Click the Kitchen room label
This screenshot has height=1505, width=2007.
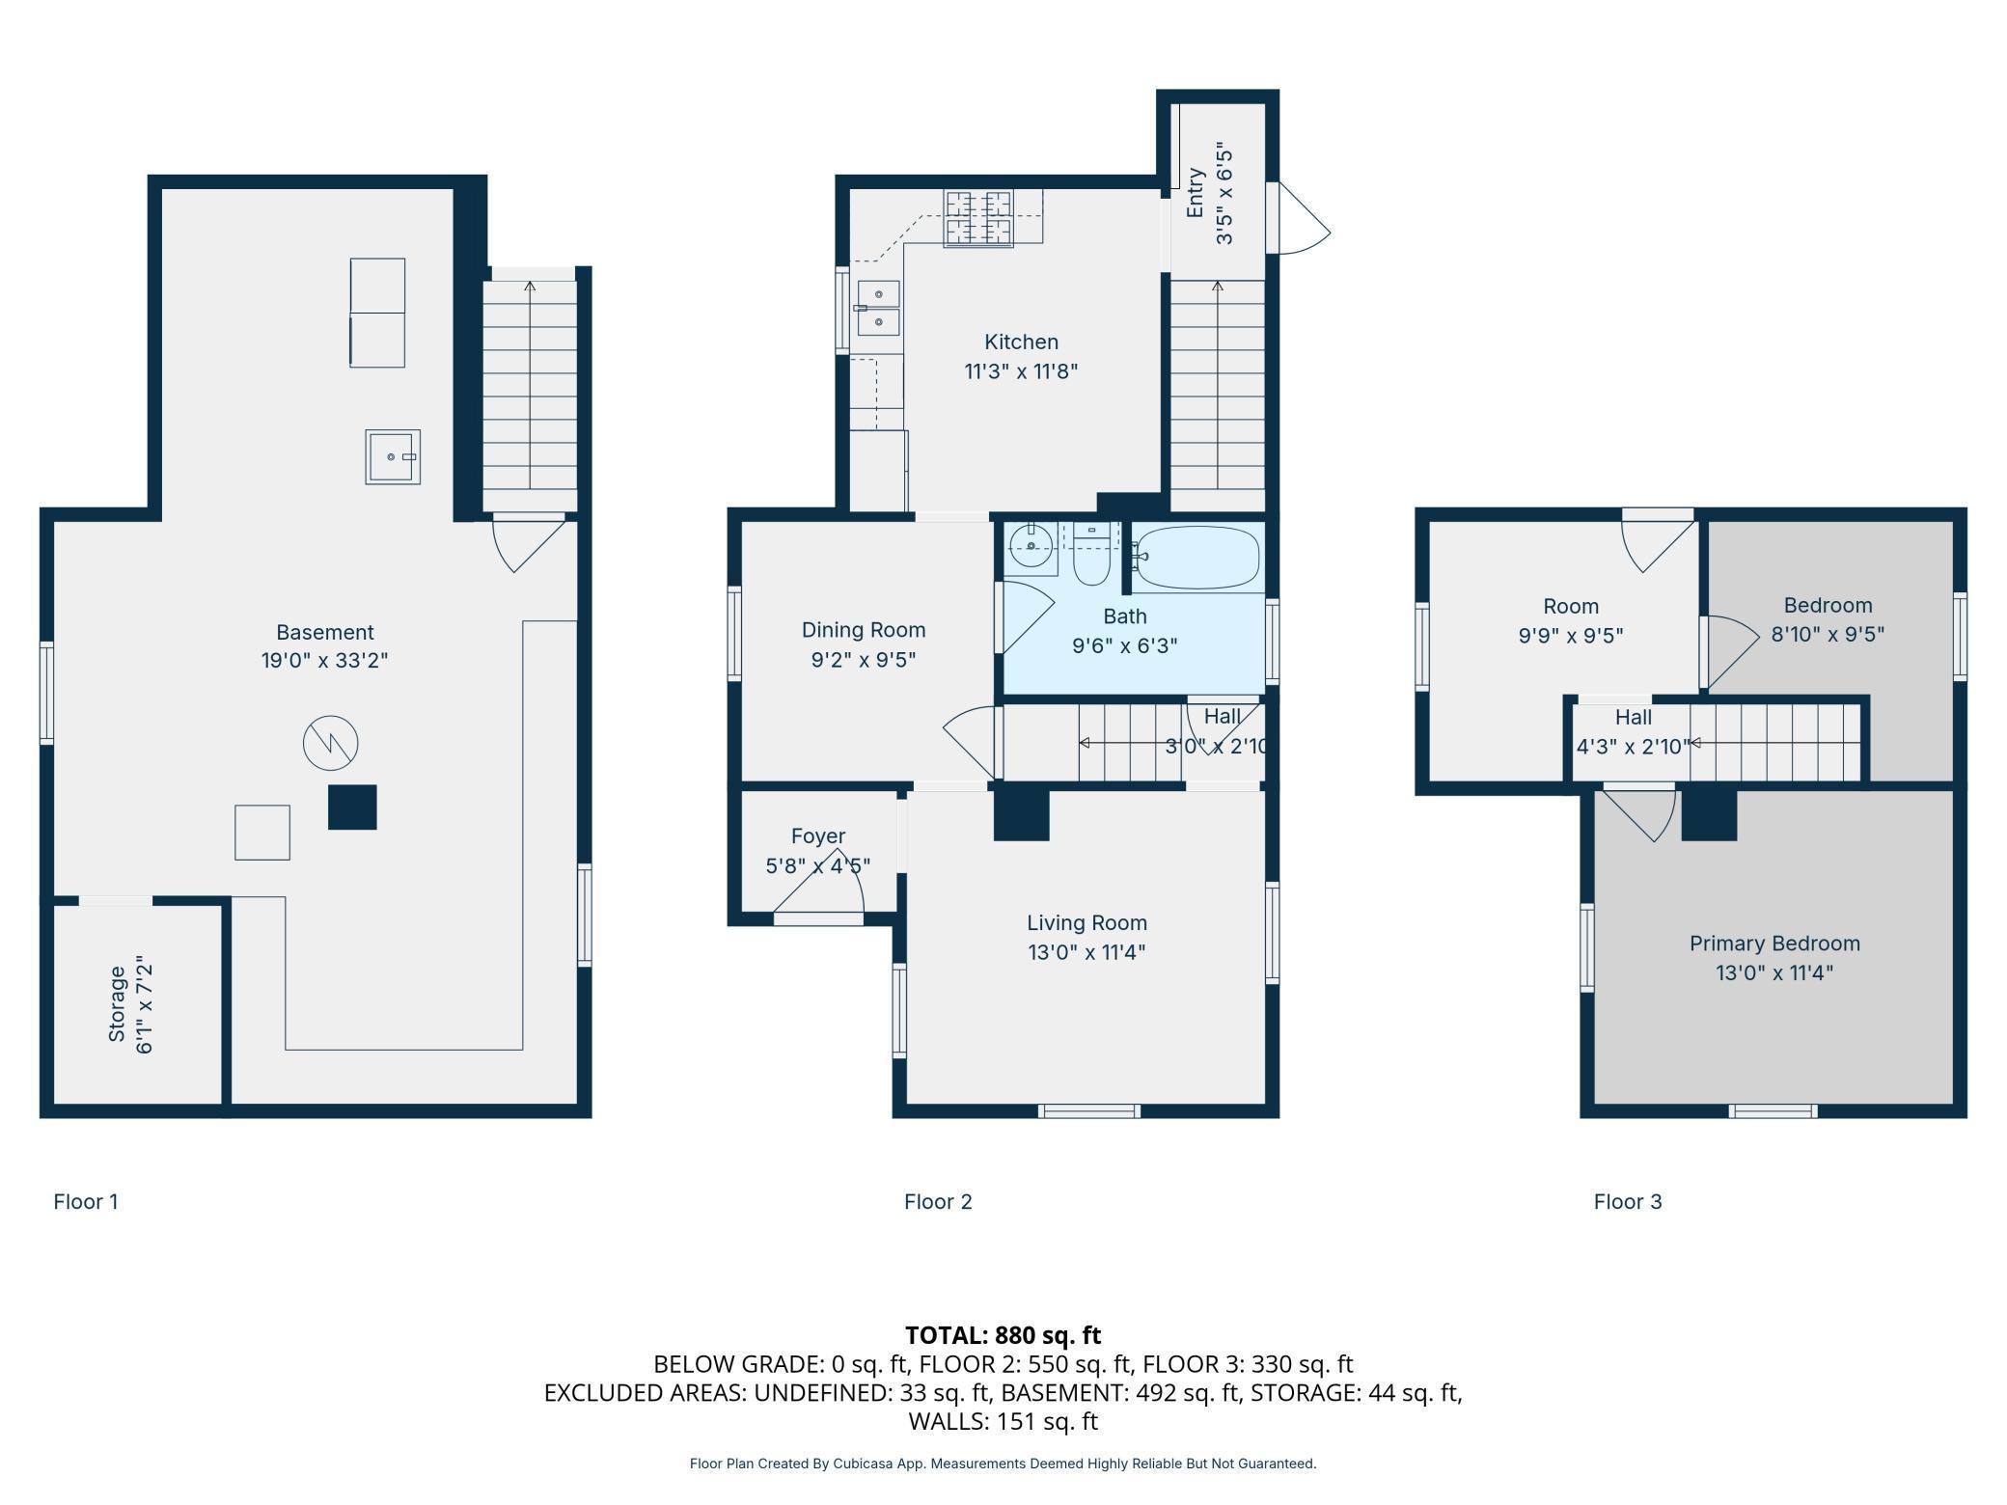click(1021, 342)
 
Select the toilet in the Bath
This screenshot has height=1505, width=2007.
click(1091, 555)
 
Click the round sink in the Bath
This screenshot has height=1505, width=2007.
click(1031, 547)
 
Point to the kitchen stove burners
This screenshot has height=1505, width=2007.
click(978, 218)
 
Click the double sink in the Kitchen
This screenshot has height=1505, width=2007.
click(878, 308)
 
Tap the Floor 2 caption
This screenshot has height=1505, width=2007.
click(938, 1201)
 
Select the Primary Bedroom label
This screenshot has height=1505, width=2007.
click(1774, 944)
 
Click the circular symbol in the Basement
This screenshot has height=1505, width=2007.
click(331, 743)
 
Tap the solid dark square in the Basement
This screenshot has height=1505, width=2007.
click(352, 807)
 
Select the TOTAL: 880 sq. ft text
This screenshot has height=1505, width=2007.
click(1003, 1335)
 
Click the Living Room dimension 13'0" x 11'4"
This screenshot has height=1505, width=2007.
click(1086, 952)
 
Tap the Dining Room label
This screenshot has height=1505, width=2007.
click(864, 630)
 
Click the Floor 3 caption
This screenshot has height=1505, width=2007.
click(1628, 1201)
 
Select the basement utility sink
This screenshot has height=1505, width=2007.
click(393, 456)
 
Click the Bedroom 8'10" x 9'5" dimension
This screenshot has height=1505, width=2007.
click(1828, 635)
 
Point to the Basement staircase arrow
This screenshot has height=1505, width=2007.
click(530, 386)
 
